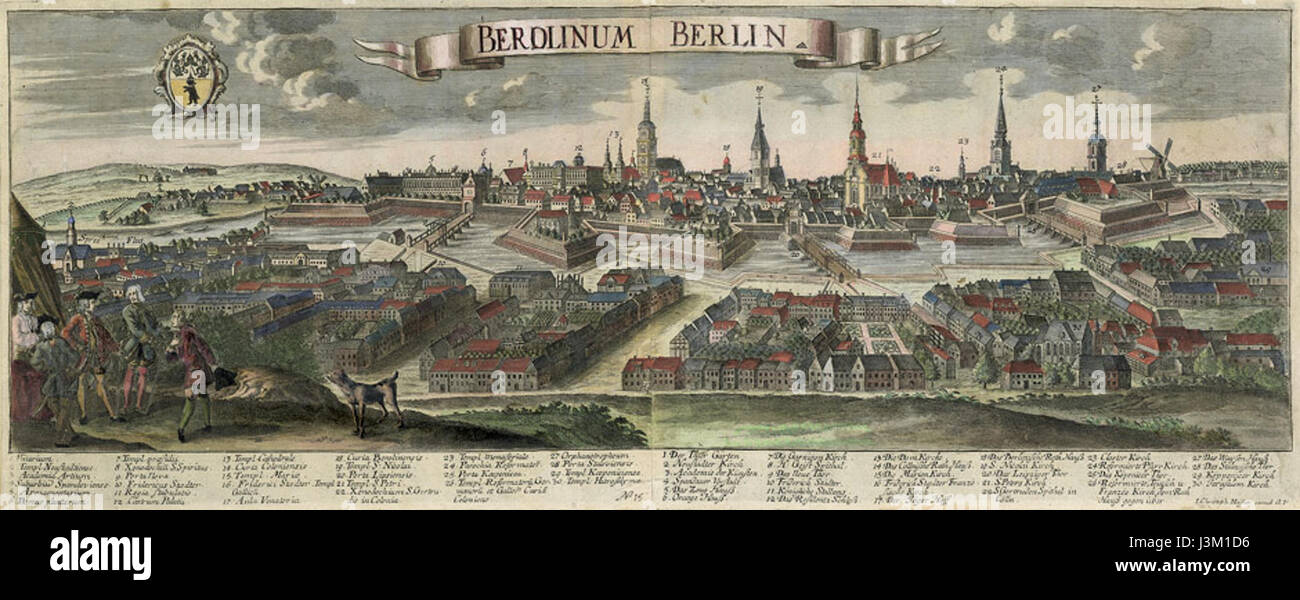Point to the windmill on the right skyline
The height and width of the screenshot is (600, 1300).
(x=1159, y=160)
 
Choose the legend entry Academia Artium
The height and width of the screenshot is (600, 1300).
(x=36, y=475)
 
